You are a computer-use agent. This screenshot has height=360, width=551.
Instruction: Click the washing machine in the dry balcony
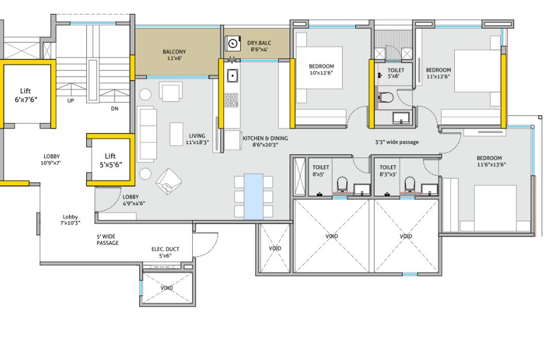coord(233,44)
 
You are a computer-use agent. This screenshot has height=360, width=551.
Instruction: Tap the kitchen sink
coord(232,75)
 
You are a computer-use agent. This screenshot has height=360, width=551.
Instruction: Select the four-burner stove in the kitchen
coord(231,100)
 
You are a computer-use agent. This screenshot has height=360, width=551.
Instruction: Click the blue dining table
coord(254,196)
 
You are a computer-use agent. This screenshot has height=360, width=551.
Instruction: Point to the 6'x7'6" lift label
coord(26,95)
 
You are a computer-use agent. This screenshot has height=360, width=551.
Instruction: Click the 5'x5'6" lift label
coord(111,160)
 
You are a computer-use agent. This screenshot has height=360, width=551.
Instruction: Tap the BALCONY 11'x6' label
coord(174,55)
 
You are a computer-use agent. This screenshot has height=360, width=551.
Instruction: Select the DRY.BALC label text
coord(259,43)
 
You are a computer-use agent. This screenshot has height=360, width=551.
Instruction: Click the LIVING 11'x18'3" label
coord(197,139)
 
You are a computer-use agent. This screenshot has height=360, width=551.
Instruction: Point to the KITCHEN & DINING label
coord(265,138)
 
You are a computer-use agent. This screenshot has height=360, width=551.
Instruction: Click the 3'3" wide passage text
coord(397,142)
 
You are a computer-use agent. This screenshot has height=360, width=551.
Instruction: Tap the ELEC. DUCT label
coord(165,249)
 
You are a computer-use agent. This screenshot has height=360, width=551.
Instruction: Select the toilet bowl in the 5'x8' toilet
coord(386,97)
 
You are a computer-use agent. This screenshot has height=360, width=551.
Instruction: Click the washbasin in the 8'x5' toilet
coord(362,189)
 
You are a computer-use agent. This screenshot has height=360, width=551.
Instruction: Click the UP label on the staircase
coord(71,101)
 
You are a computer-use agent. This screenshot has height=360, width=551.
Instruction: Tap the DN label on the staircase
coord(115,109)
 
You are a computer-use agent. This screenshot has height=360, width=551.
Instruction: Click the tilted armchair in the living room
coord(169,181)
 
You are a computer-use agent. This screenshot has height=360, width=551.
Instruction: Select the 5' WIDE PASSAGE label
coord(108,240)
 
